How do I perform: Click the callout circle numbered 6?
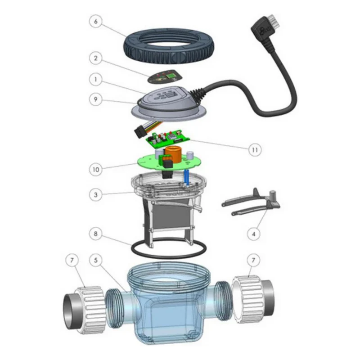coord(96,21)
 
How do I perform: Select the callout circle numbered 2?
coord(96,58)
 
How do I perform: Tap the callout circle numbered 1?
coord(96,80)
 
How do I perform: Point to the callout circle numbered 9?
coord(96,99)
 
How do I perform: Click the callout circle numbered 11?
coord(255,150)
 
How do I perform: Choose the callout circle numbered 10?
coord(96,170)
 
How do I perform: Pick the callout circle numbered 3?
coord(96,195)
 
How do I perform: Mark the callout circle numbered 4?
coord(254,234)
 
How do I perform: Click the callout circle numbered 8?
coord(96,234)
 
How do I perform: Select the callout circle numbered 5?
coord(96,260)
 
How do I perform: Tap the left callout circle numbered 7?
coord(72,260)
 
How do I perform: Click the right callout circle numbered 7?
coord(253,260)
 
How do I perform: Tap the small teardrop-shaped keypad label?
coord(163,77)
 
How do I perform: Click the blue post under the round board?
coord(186,178)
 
